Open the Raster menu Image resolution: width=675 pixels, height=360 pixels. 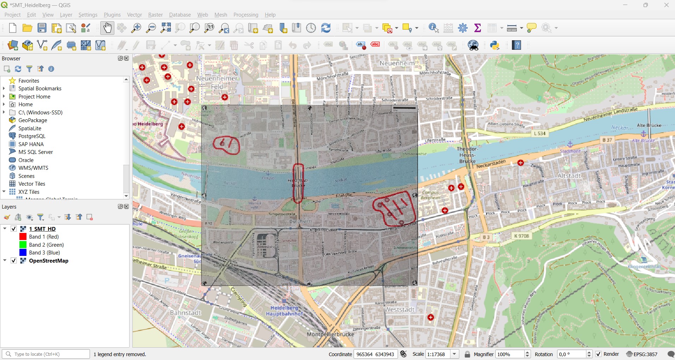click(x=155, y=15)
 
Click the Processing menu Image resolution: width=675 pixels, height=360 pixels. click(x=246, y=15)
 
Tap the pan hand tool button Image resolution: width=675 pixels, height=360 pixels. click(x=107, y=28)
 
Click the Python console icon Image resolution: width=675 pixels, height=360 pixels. click(x=495, y=45)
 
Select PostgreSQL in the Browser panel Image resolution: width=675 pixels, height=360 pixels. click(x=32, y=136)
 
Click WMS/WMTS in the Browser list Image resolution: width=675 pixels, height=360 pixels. click(x=33, y=168)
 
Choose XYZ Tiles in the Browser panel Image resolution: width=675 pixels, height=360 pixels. click(x=29, y=192)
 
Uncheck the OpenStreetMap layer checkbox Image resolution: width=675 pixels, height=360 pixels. click(x=14, y=261)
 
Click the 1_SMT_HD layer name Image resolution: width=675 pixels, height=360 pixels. click(x=42, y=229)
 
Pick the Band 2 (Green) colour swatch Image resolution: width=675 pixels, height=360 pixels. click(x=23, y=245)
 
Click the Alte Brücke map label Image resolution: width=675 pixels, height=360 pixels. click(x=649, y=125)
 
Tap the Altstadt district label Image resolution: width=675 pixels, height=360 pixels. click(x=569, y=176)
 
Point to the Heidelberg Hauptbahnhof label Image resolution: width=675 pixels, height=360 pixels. click(x=284, y=311)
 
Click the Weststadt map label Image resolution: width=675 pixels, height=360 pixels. click(x=399, y=310)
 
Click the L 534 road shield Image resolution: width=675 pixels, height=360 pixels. click(x=539, y=133)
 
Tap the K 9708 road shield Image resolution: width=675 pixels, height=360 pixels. click(x=521, y=236)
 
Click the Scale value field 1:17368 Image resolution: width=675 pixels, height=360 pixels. click(x=437, y=354)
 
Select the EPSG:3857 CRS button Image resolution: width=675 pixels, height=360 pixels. click(x=642, y=354)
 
